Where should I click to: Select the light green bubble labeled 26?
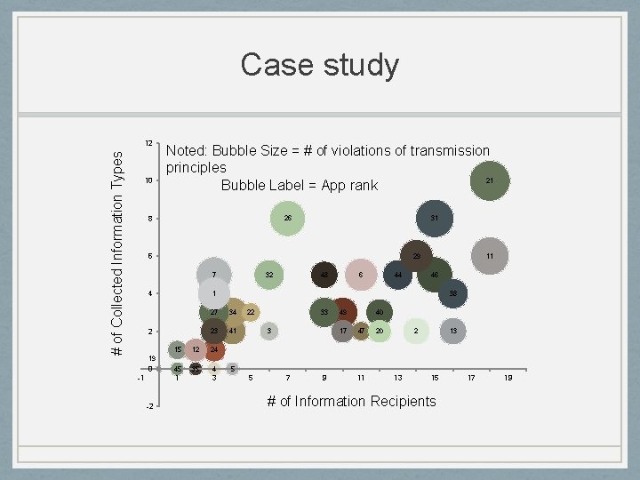tap(287, 218)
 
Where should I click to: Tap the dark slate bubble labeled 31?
tap(434, 219)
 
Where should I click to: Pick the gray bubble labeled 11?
tap(490, 256)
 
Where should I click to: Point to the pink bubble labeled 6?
tap(360, 275)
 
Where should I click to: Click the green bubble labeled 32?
tap(268, 275)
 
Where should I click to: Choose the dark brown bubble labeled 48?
tap(324, 275)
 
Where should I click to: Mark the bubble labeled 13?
tap(453, 331)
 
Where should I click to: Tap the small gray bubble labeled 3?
tap(268, 331)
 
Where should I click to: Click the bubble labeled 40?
tap(380, 312)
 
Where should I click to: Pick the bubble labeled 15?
tap(178, 349)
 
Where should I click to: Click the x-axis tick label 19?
tap(508, 378)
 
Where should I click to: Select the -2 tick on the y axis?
tap(149, 406)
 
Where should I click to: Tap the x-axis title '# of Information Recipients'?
tap(352, 401)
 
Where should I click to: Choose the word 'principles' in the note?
tap(196, 167)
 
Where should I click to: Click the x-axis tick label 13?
tap(398, 378)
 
